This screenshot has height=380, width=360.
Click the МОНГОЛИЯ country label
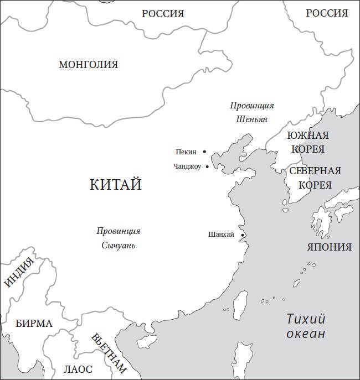coord(88,65)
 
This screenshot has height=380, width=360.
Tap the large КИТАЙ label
coord(115,184)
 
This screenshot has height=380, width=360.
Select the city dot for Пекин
coord(204,152)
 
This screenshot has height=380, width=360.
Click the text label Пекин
coord(186,152)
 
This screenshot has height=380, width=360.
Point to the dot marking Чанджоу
coord(207,166)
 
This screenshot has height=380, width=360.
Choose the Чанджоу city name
coord(187,166)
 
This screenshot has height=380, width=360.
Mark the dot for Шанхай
coord(243,235)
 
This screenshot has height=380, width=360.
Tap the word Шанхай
coord(221,235)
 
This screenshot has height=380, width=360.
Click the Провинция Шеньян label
coord(252,112)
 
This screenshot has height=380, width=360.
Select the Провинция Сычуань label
coord(119,238)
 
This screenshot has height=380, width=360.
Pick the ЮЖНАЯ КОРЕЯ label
coord(307,142)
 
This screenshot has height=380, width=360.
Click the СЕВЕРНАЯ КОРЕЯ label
coord(315,178)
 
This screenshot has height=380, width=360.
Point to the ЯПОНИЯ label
coord(330,247)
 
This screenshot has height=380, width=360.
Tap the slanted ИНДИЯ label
coord(19,273)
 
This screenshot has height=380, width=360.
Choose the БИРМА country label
coord(34,324)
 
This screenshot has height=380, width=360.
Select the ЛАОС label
coord(78,369)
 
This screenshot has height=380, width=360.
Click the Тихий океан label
coord(306,326)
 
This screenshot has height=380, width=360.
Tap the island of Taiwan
coord(240,305)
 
